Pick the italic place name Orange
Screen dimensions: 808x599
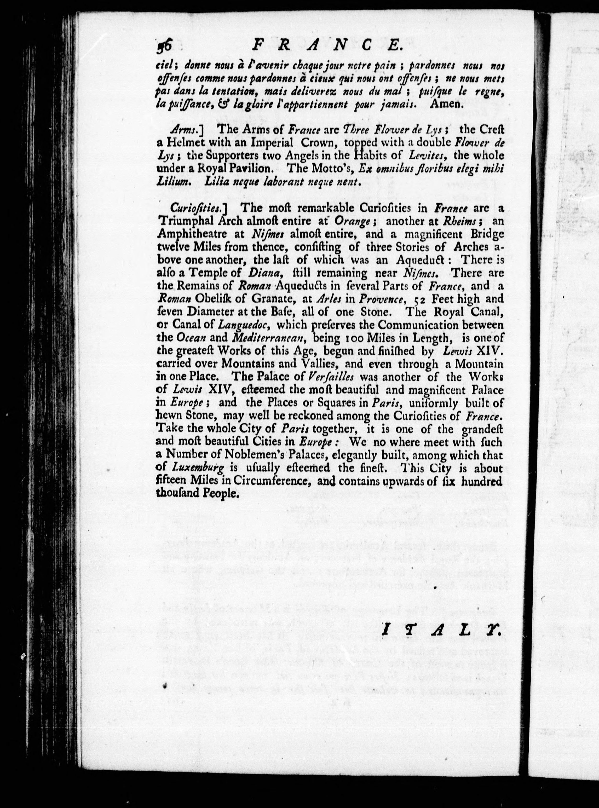(352, 221)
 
